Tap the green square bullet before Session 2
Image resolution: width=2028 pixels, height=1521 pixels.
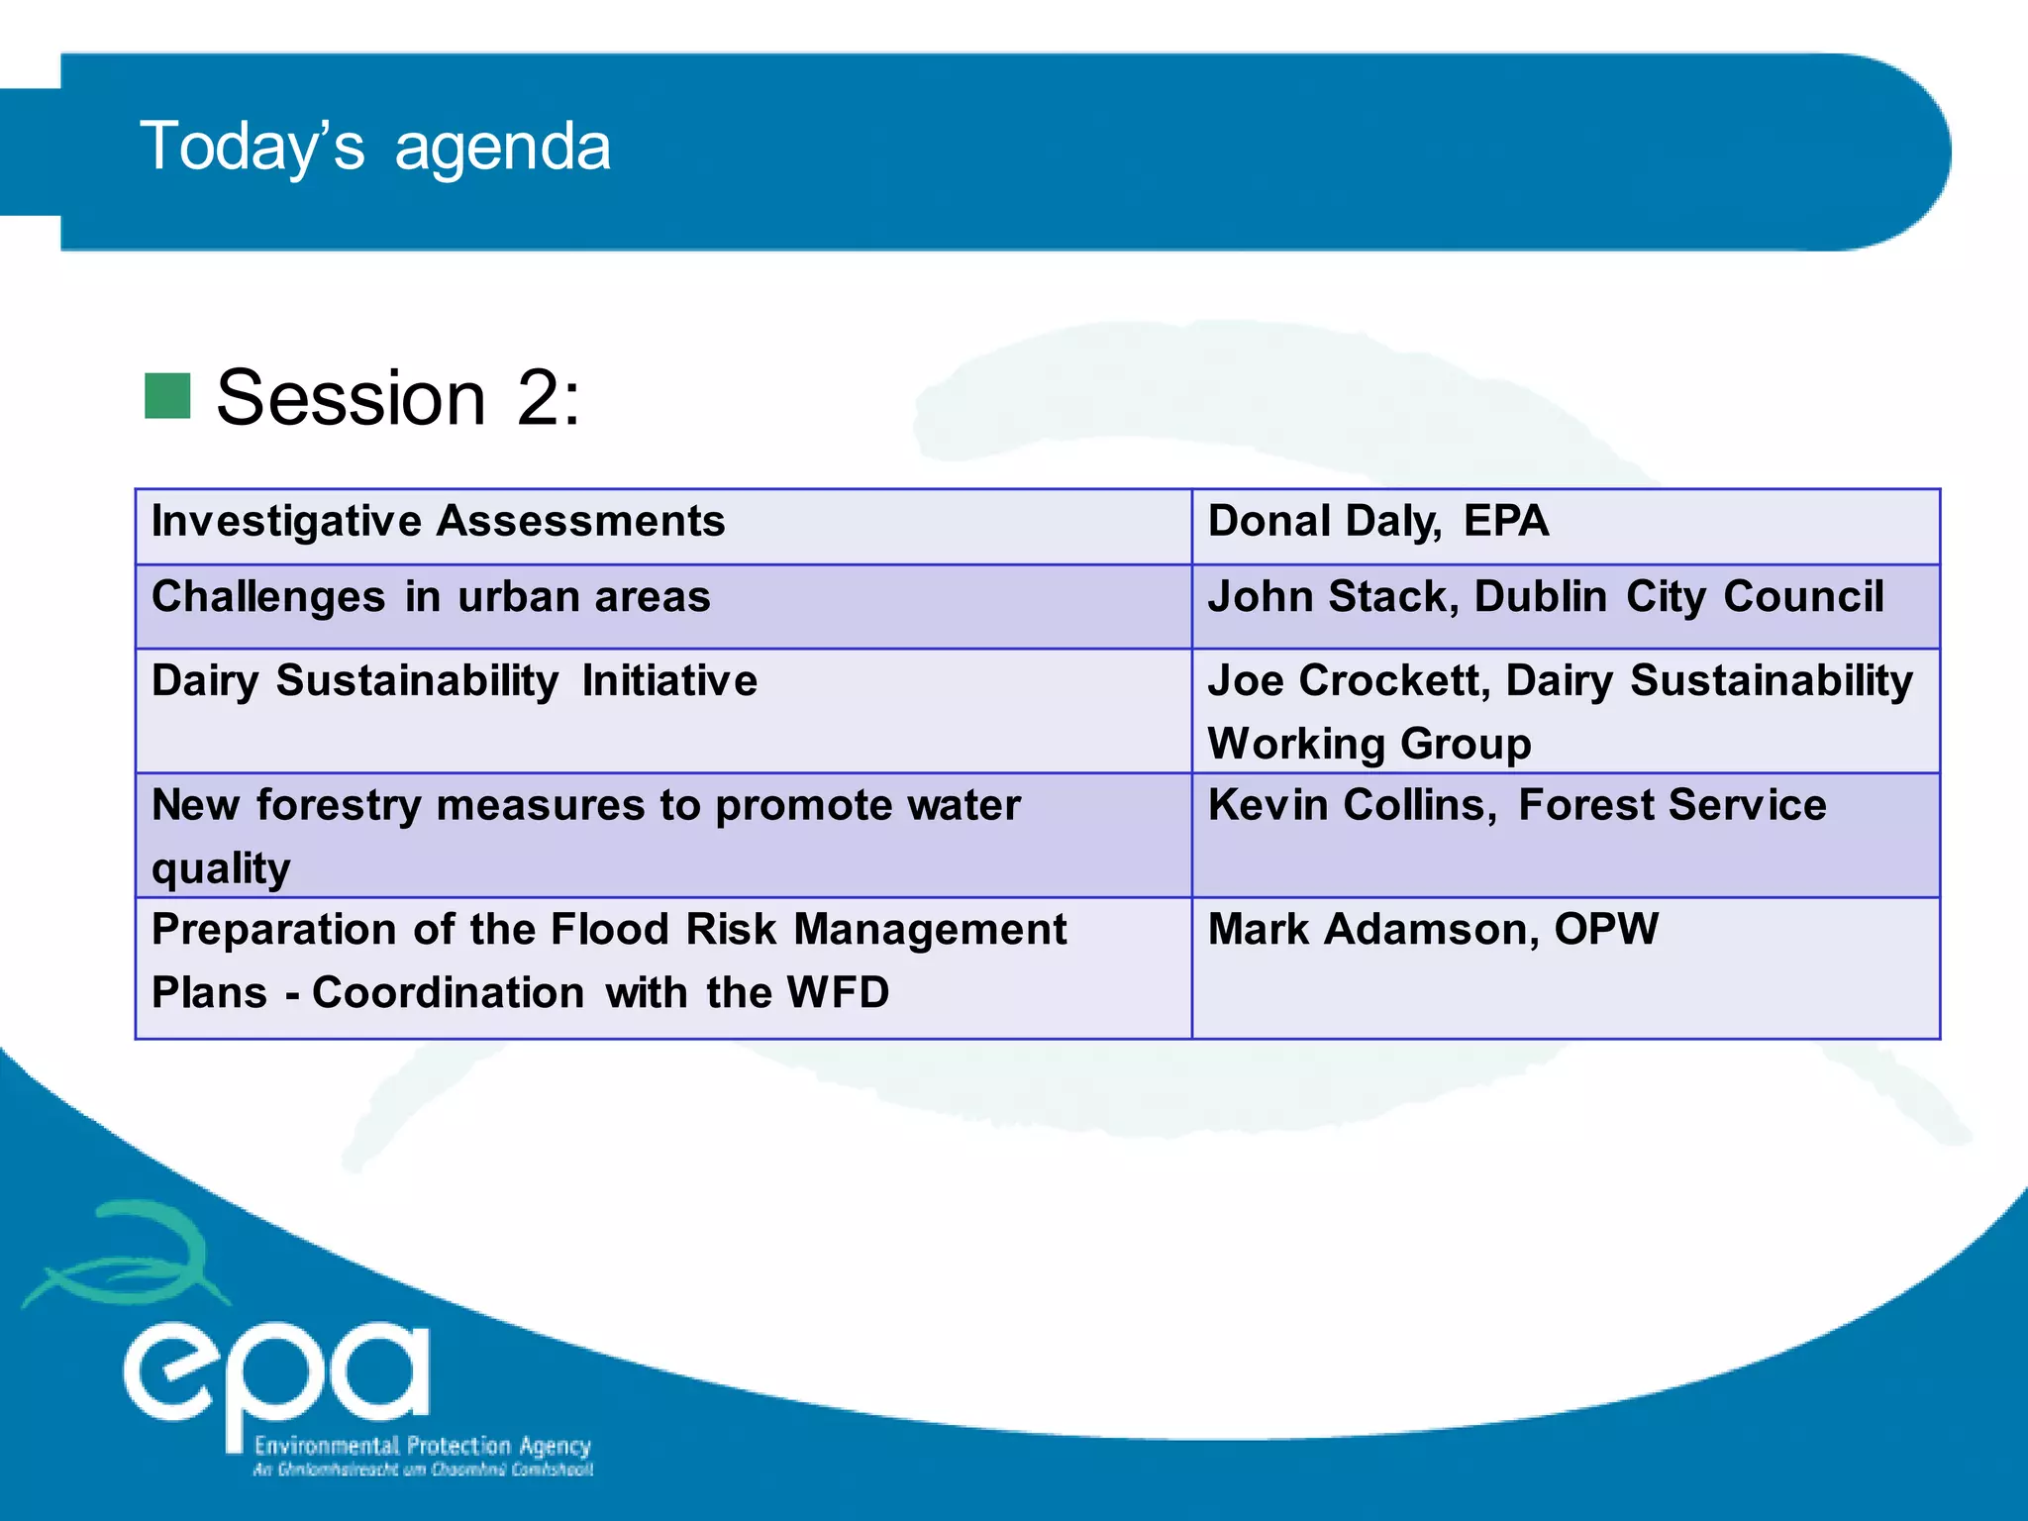167,396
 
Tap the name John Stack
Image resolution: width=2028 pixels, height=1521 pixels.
1330,597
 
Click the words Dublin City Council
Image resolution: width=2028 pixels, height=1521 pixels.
1678,597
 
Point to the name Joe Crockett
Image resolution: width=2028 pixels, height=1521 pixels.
1347,681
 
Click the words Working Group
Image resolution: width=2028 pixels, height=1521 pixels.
1369,744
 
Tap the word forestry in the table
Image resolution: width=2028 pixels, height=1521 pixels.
339,806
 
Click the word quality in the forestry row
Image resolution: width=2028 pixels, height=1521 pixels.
221,868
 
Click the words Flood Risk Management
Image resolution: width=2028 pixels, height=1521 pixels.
808,930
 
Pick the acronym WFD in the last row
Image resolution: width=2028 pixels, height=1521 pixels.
838,993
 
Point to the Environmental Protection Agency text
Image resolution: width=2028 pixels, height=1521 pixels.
422,1446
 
